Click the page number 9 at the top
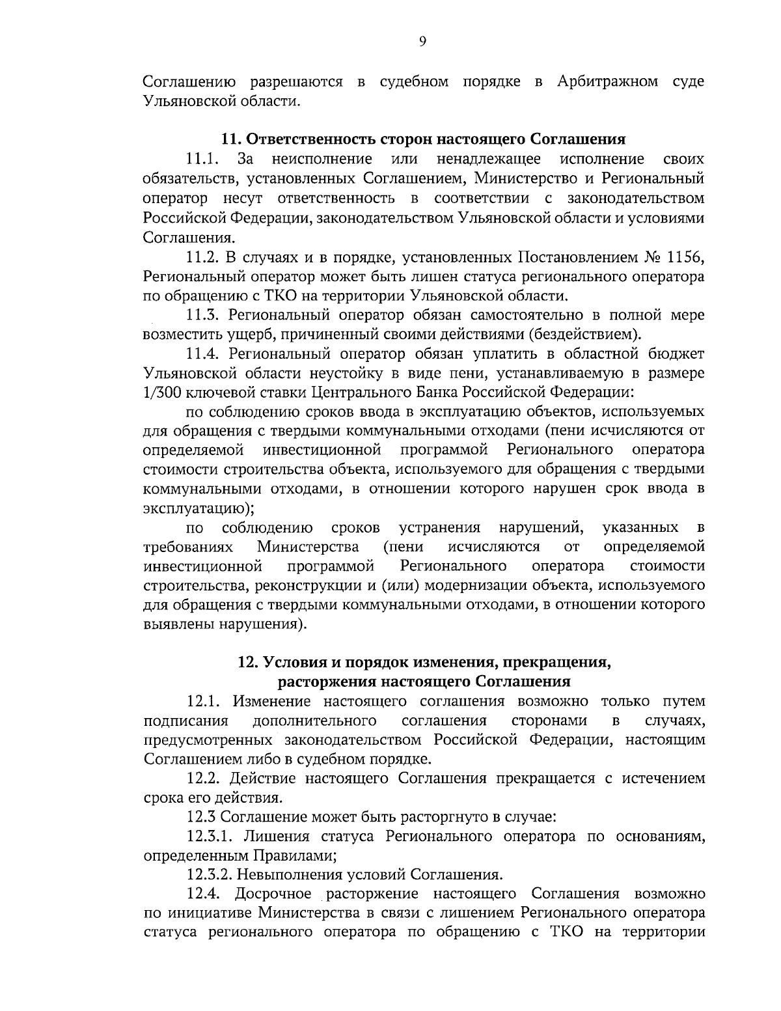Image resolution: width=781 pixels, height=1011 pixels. click(x=422, y=42)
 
